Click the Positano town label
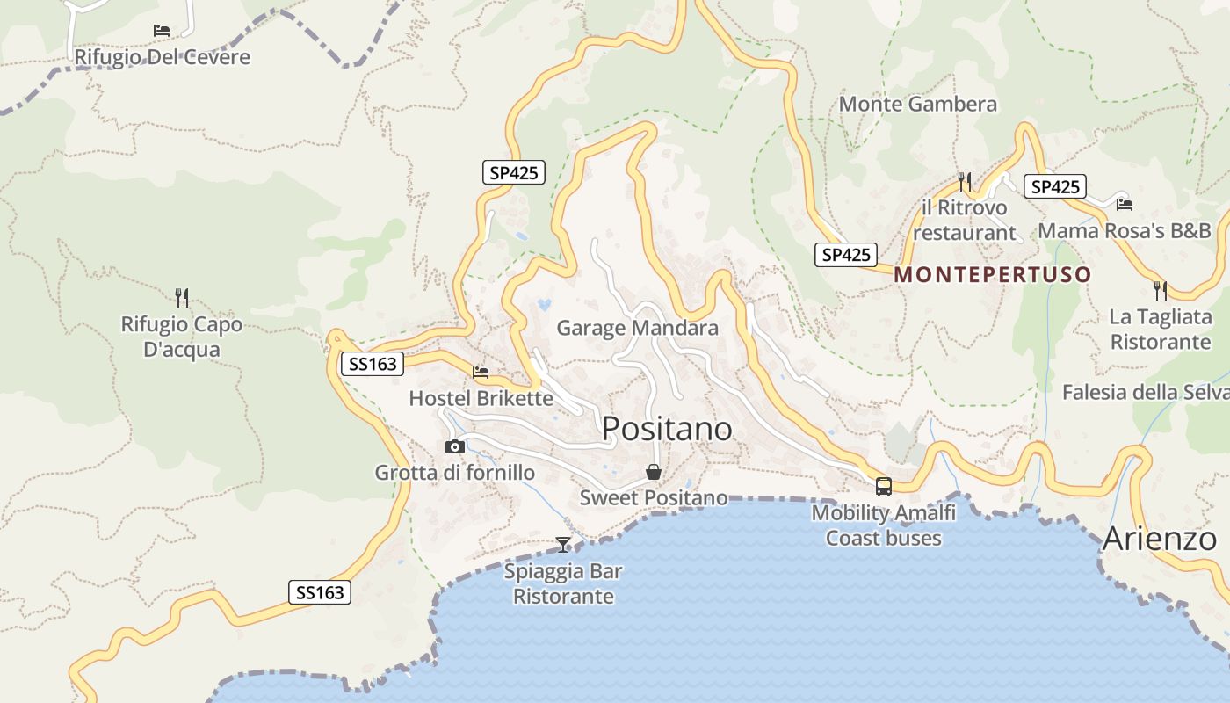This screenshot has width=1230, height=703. coord(667,429)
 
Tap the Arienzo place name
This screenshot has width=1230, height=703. coord(1160,538)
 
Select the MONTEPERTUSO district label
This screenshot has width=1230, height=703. coord(993,274)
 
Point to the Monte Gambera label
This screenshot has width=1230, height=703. coord(918,105)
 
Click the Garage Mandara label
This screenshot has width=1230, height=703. coord(638,329)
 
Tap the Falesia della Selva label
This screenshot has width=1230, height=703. coord(1146,392)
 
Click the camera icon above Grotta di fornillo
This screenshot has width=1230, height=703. coord(454,446)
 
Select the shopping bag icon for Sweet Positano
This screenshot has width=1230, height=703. coord(654,472)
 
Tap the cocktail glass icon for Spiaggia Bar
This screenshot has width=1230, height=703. coord(563,545)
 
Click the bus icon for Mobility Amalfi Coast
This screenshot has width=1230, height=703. coord(884,486)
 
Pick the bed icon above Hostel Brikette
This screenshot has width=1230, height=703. coord(481,373)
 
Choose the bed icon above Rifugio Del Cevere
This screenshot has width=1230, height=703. coord(162,31)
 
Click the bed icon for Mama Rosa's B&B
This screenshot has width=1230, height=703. coord(1125,205)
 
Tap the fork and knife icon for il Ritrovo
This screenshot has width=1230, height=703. coord(965,181)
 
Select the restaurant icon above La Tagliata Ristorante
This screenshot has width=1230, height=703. coord(1161,290)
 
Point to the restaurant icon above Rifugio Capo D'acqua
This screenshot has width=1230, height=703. coord(182,297)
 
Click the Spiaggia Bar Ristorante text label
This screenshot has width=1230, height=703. coord(563,583)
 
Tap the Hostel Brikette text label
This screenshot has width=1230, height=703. coord(481,398)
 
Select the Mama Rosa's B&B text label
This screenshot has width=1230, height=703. coord(1125,230)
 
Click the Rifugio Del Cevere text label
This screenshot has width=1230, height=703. coord(163,57)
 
